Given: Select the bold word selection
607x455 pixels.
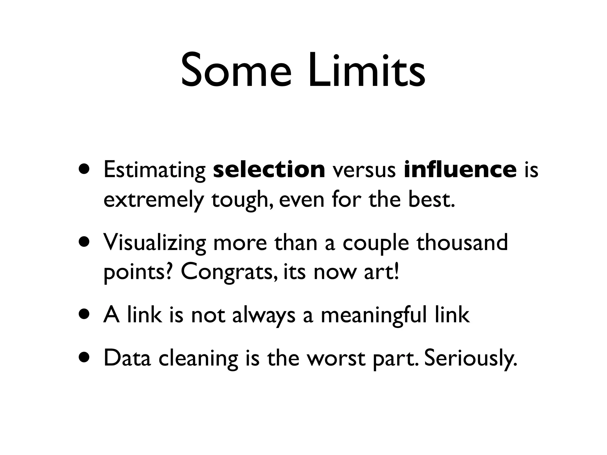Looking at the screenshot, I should tap(269, 169).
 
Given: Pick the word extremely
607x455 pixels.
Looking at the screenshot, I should tap(153, 200).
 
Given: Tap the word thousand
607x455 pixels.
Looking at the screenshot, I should tap(462, 242).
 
